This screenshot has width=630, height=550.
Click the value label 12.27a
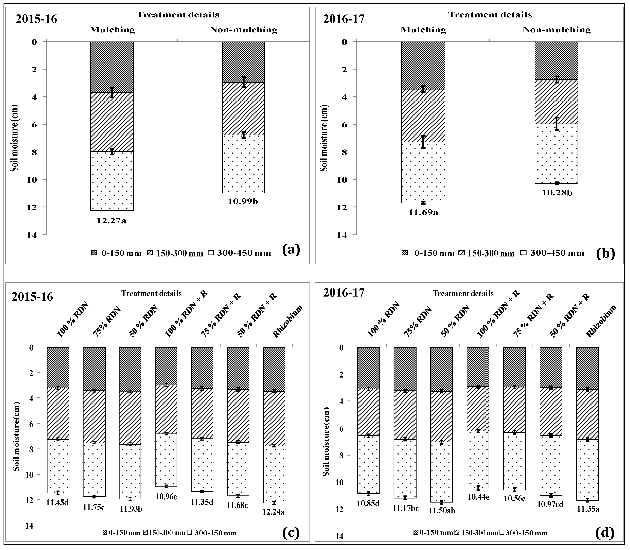point(111,221)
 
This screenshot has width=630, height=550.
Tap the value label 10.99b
point(243,201)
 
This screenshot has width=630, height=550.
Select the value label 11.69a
point(423,212)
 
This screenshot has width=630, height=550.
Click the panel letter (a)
point(291,250)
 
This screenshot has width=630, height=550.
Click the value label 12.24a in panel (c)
point(274,512)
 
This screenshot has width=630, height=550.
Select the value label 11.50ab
point(442,510)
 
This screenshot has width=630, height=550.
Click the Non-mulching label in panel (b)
point(557,30)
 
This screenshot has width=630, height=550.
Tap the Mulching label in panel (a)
point(112,30)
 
